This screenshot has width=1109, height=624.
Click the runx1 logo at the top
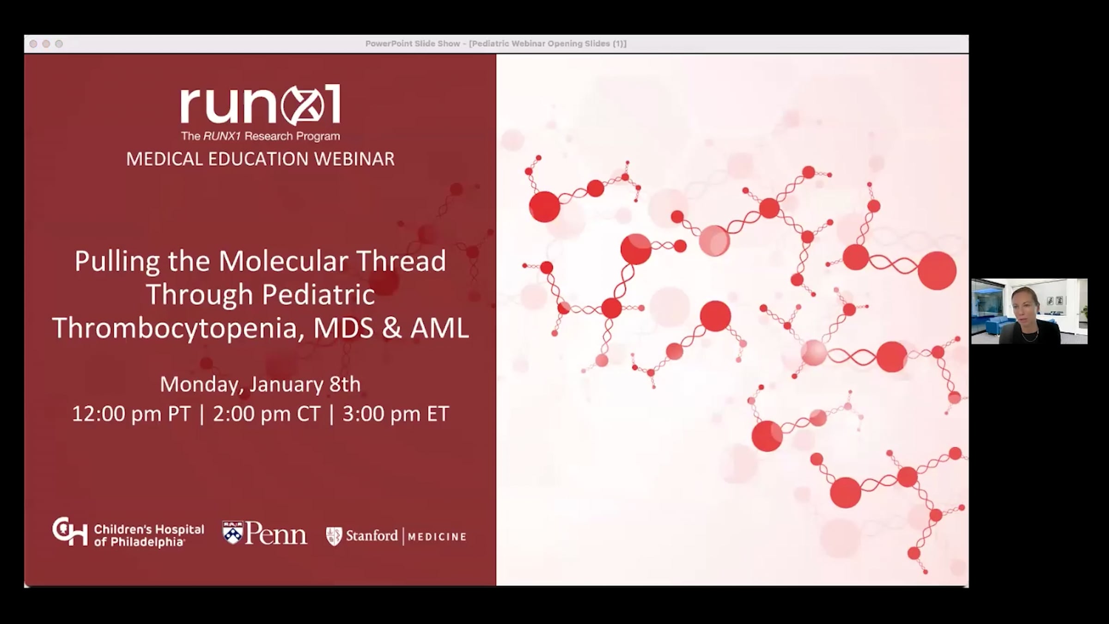tap(261, 105)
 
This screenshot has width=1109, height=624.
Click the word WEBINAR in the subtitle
tap(354, 159)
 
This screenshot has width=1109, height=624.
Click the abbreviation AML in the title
tap(439, 328)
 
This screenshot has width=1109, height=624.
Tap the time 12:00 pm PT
tap(131, 414)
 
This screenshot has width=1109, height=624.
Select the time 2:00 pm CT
tap(266, 414)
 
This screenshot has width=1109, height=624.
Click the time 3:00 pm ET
tap(396, 414)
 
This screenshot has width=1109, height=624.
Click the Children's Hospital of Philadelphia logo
tap(128, 533)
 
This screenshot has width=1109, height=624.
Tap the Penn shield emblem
tap(233, 532)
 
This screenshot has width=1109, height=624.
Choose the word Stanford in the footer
tap(372, 536)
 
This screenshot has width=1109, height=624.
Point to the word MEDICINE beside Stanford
tap(437, 537)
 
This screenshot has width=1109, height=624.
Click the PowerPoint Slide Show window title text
tap(496, 43)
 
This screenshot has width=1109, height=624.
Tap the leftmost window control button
tap(33, 44)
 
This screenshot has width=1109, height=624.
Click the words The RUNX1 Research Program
tap(261, 136)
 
